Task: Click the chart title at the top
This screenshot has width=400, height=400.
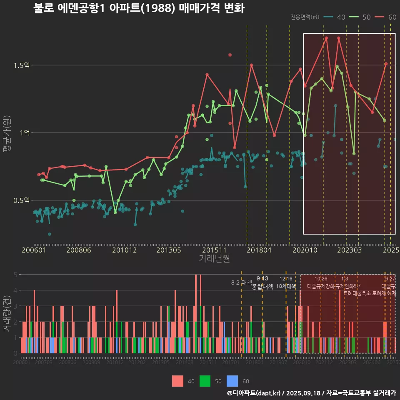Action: tap(139, 8)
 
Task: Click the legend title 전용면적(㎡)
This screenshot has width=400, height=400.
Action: tap(305, 17)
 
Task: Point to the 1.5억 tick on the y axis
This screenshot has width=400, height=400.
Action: tap(21, 65)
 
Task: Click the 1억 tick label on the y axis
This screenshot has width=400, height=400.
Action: tap(24, 133)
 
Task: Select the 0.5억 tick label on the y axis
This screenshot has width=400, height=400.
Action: tap(21, 200)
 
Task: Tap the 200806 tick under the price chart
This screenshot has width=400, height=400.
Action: tap(79, 250)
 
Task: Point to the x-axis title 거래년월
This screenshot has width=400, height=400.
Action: tap(214, 259)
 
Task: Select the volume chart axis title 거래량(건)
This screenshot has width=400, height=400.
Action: tap(7, 313)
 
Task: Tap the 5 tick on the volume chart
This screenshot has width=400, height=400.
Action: tap(15, 275)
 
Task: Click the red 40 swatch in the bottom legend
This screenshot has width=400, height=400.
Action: tap(177, 381)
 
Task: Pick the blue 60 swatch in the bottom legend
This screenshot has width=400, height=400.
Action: tap(232, 381)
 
